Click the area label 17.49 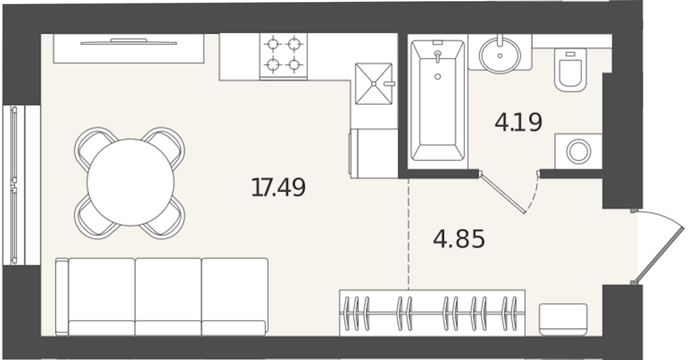coord(278,188)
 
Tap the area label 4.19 coord(518,122)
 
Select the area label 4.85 coord(459,240)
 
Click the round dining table coord(130,182)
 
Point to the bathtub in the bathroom coord(438,101)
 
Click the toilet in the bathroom coord(570,70)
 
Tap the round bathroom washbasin coord(500,54)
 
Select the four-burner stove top coord(283,56)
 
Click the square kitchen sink coord(374,84)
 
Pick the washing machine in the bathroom coord(579,151)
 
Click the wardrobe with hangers coord(432,313)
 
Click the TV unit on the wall coord(129,48)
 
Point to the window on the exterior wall coord(21,185)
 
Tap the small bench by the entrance coord(563,320)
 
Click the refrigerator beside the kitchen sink coord(374,153)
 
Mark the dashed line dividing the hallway coord(408,234)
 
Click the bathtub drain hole coord(438,76)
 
